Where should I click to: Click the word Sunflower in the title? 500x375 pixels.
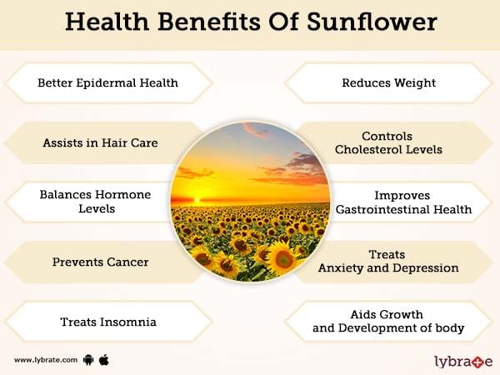pyautogui.click(x=372, y=22)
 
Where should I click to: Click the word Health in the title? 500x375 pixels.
pyautogui.click(x=107, y=22)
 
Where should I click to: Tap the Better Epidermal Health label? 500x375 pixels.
pyautogui.click(x=107, y=82)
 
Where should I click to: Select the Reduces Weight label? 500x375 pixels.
pyautogui.click(x=388, y=82)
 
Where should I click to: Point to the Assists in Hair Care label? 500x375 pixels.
pyautogui.click(x=100, y=142)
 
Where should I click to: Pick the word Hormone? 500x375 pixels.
pyautogui.click(x=122, y=194)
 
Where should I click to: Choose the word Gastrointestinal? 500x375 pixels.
pyautogui.click(x=378, y=209)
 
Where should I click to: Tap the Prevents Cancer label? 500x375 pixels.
pyautogui.click(x=100, y=262)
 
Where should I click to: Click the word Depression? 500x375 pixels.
pyautogui.click(x=426, y=268)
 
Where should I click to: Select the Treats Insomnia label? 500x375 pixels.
pyautogui.click(x=108, y=322)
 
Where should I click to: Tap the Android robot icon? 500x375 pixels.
pyautogui.click(x=88, y=360)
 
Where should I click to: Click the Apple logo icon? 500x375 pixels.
pyautogui.click(x=104, y=360)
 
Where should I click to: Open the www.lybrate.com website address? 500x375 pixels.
pyautogui.click(x=46, y=360)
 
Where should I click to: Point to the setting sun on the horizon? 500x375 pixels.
pyautogui.click(x=197, y=201)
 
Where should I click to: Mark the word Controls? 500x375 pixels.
pyautogui.click(x=387, y=137)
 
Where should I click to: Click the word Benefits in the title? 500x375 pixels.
pyautogui.click(x=209, y=22)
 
